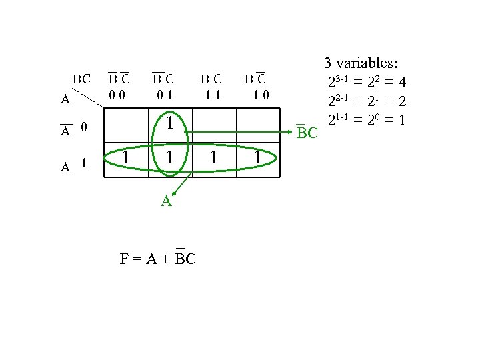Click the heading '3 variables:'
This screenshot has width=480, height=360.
tap(361, 64)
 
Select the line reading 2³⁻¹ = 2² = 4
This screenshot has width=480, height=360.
tap(367, 83)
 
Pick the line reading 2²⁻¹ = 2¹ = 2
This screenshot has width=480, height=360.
tap(367, 101)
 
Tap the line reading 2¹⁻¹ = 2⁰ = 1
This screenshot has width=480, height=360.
tap(367, 120)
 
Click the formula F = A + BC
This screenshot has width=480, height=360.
tap(158, 258)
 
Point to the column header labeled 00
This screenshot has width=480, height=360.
tap(120, 95)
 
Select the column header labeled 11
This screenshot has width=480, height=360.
tap(213, 95)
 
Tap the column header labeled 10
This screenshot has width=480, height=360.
tap(257, 95)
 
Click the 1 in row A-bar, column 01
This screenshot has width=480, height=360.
tap(171, 123)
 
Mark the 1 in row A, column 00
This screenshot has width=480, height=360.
tap(126, 157)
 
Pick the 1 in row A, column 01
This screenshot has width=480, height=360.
tap(171, 157)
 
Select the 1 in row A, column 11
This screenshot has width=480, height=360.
tap(213, 157)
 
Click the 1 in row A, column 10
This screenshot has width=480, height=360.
tap(257, 157)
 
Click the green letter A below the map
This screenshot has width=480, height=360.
tap(167, 201)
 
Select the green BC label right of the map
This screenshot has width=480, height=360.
tap(307, 133)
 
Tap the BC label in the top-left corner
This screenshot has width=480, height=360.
tap(82, 79)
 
